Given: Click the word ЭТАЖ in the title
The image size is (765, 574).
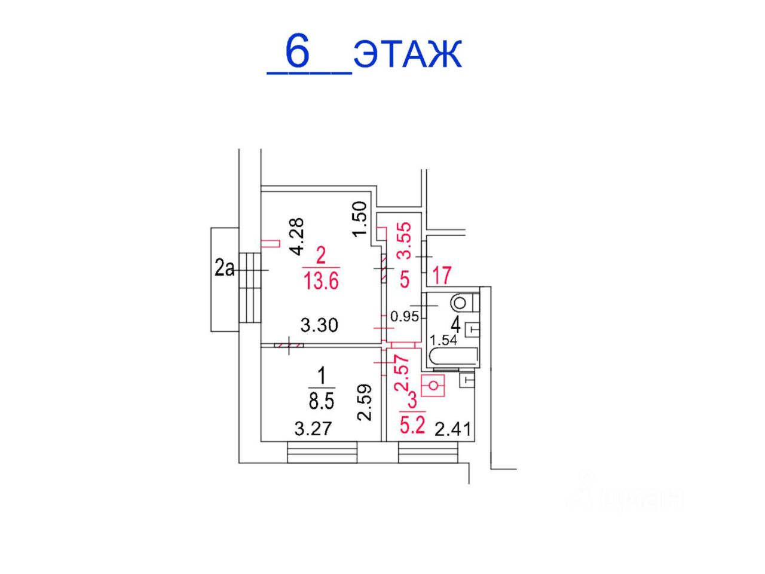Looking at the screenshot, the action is (x=408, y=54).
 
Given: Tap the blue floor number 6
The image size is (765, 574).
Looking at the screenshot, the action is (x=297, y=51).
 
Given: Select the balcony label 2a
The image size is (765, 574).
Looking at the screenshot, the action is (x=224, y=268).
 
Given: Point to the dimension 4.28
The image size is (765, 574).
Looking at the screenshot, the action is (x=298, y=237).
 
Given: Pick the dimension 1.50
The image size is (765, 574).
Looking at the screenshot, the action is (x=360, y=218).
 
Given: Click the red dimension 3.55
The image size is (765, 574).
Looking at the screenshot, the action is (x=405, y=240).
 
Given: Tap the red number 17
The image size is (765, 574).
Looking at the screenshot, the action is (x=442, y=275).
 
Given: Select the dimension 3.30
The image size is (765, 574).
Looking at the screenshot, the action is (x=319, y=325).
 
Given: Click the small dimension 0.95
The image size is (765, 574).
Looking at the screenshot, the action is (x=404, y=317).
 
